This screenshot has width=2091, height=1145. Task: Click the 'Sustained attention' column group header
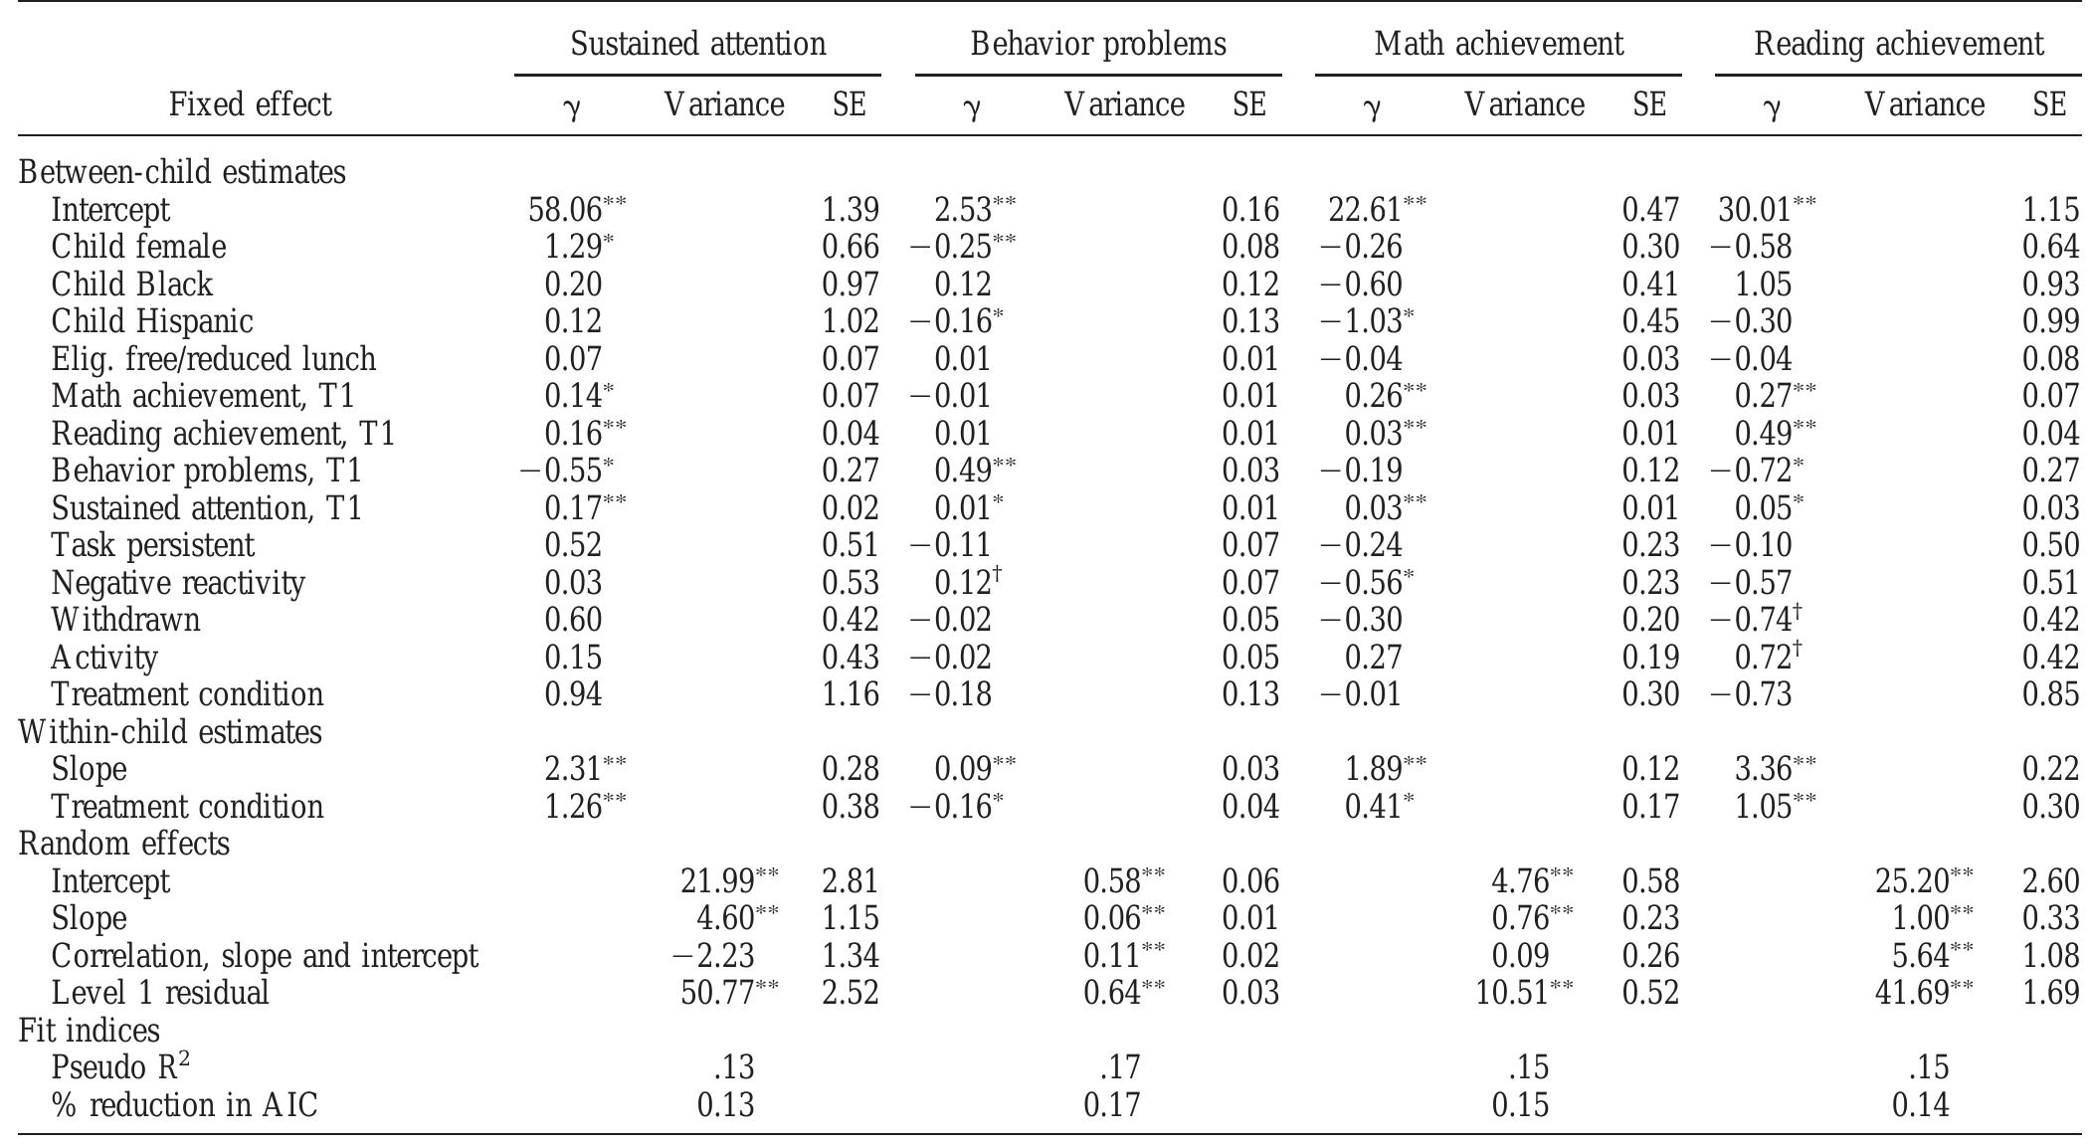[697, 44]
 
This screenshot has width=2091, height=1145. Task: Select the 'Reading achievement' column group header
[1898, 44]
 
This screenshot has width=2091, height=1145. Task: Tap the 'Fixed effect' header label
[250, 104]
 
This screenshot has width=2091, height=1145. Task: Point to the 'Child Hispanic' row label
[152, 321]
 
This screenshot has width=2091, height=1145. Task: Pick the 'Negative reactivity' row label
[178, 582]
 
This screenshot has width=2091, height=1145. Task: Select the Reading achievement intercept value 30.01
[1756, 210]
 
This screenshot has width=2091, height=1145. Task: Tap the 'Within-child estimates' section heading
[170, 732]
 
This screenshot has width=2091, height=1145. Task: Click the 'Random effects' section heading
[124, 844]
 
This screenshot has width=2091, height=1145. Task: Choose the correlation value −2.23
[713, 956]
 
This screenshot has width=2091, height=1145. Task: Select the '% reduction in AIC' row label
[184, 1105]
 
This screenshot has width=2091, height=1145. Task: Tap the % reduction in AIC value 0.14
[1920, 1105]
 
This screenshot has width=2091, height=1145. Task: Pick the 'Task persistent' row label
[152, 545]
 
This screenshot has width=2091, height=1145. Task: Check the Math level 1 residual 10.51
[1512, 993]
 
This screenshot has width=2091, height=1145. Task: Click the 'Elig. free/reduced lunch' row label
[214, 359]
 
